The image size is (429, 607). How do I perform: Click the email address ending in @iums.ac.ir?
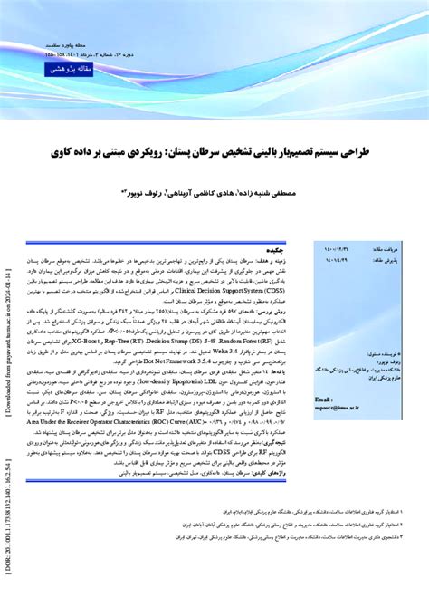point(338,409)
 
